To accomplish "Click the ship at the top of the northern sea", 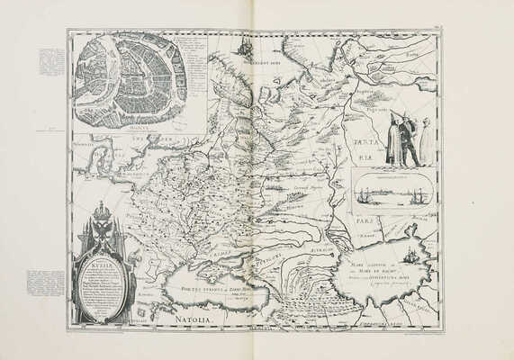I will (x=242, y=47).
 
